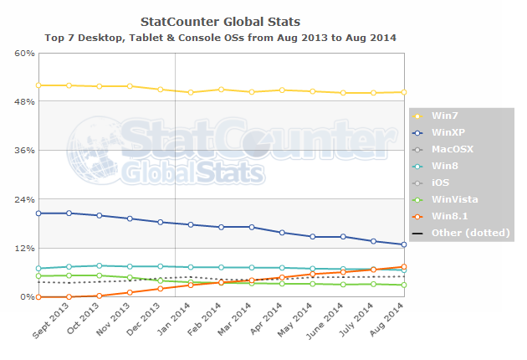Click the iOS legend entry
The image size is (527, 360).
coord(440,182)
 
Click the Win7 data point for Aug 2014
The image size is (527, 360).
coord(404,92)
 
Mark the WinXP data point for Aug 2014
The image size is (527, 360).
coord(404,244)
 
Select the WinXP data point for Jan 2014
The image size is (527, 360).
coord(191,224)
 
